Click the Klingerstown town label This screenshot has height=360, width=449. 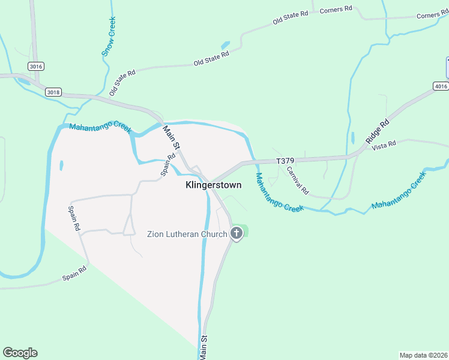(214, 185)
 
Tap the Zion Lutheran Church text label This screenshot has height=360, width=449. (187, 234)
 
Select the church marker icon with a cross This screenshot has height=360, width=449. (237, 233)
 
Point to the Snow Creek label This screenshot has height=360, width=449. (109, 37)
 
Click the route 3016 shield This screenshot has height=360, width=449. (35, 66)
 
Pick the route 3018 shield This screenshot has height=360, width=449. (53, 92)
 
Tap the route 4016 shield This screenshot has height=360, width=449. (441, 86)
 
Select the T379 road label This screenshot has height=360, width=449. (286, 161)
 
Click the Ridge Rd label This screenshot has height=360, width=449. (377, 131)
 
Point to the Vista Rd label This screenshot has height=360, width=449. (384, 145)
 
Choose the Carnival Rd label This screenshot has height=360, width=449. (297, 181)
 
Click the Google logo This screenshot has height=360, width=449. (20, 353)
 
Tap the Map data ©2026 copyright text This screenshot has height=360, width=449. (423, 355)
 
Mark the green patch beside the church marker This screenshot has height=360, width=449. (245, 231)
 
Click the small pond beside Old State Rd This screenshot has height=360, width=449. (226, 45)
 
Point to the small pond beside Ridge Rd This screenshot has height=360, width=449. (352, 137)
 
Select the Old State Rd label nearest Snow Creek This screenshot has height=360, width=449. (122, 83)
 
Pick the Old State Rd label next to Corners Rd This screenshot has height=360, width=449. (291, 17)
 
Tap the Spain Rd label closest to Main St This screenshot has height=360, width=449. (167, 164)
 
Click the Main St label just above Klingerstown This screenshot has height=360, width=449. (172, 137)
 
